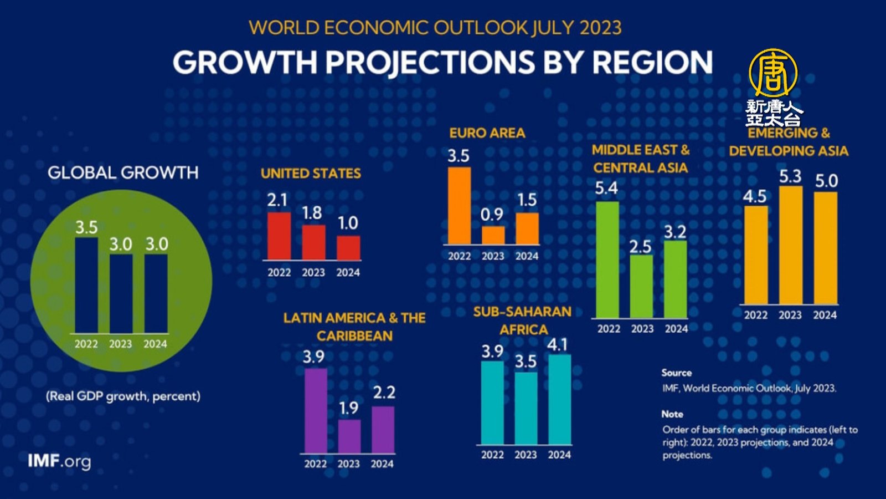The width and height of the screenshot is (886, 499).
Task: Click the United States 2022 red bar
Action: [x=279, y=236]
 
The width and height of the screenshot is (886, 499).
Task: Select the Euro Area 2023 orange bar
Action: [x=493, y=235]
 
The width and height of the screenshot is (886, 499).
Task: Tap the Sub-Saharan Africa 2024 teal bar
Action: [x=559, y=399]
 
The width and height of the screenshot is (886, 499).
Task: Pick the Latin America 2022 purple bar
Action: [x=316, y=410]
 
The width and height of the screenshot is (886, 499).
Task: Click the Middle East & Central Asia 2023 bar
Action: [x=641, y=286]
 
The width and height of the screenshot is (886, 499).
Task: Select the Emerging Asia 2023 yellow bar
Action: [x=791, y=245]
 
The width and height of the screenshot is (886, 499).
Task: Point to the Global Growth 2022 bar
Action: [x=86, y=286]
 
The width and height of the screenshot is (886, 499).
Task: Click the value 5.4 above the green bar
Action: [x=606, y=189]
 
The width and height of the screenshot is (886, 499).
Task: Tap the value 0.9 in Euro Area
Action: [x=492, y=215]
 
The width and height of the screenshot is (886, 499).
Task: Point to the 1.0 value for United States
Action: [x=348, y=223]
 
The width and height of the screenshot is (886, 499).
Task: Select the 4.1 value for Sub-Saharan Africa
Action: [x=558, y=345]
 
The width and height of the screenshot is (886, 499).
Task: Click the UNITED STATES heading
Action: [x=311, y=174]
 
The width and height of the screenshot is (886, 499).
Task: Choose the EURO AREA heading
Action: [x=487, y=133]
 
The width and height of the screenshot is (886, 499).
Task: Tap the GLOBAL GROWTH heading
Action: [x=123, y=173]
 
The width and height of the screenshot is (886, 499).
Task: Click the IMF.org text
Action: [x=59, y=461]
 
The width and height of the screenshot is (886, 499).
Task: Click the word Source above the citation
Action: [x=676, y=373]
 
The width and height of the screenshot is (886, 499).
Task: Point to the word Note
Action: [x=672, y=414]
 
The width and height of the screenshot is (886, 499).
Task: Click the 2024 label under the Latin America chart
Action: [x=382, y=464]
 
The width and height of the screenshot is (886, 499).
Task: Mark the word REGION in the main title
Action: [x=652, y=62]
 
